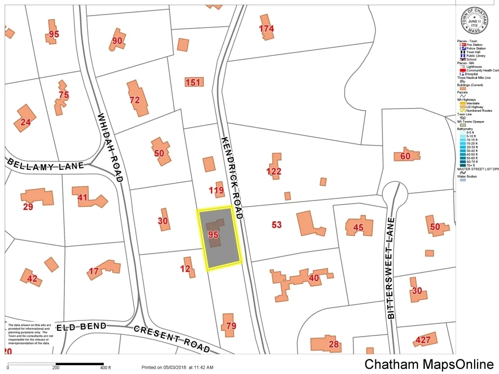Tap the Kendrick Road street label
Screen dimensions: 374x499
232,177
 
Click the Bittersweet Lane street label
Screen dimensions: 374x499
391,268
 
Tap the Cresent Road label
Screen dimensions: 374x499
172,338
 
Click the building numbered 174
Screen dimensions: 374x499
266,30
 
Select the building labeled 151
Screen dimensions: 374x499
193,82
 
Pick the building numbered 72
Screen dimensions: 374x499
136,98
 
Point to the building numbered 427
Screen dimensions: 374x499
424,340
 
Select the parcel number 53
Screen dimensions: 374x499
277,224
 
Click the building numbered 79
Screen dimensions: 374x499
229,326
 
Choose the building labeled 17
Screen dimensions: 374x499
99,270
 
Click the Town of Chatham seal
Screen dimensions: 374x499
473,20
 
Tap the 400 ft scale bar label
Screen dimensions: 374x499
106,368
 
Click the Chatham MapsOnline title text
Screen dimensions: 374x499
429,364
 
